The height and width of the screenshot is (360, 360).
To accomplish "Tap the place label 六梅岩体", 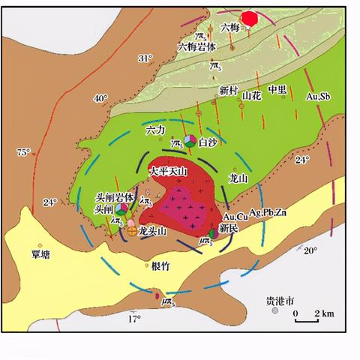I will (x=197, y=46).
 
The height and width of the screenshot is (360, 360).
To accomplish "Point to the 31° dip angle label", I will (x=145, y=58).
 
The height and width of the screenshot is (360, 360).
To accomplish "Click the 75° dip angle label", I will (x=24, y=152).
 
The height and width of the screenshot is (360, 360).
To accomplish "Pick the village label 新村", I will (x=228, y=90).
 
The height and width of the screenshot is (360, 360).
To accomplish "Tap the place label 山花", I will (x=252, y=96).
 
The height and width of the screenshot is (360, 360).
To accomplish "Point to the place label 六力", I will (x=154, y=130).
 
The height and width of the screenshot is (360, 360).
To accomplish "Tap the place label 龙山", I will (x=238, y=178).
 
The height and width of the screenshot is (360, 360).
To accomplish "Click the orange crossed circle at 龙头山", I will (x=132, y=232).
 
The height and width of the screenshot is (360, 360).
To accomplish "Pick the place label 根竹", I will (x=160, y=266).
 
